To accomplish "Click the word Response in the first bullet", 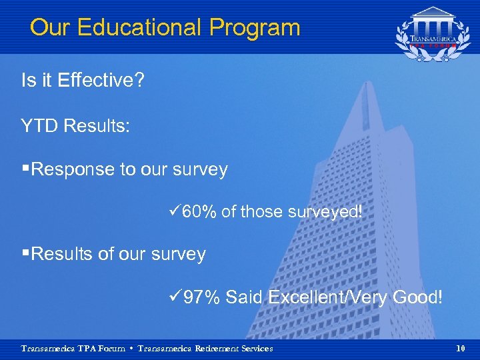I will (73, 170).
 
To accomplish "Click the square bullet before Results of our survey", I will (25, 254).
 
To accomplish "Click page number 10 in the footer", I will (461, 349).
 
